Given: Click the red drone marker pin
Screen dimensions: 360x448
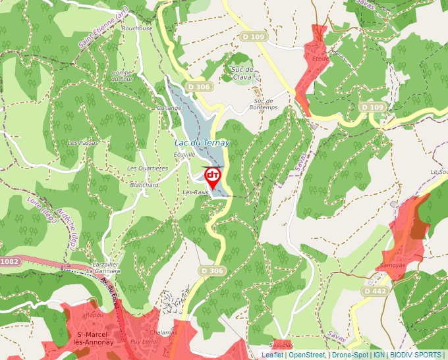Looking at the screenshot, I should [x=213, y=176].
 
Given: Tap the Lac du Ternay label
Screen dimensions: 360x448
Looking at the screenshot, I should [x=202, y=143].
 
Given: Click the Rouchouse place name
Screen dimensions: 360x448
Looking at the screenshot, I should [x=137, y=28].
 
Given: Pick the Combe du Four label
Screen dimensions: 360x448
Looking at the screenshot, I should [x=122, y=76].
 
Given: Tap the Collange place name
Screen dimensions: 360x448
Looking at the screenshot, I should [x=169, y=107].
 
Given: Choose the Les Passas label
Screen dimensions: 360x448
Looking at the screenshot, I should [x=83, y=142].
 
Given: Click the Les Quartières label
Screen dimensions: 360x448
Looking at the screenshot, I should [x=148, y=168].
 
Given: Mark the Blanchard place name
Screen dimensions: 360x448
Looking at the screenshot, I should [x=144, y=185].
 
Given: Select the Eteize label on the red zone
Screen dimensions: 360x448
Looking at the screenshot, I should [x=321, y=59].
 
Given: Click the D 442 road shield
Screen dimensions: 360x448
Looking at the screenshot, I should [x=374, y=290].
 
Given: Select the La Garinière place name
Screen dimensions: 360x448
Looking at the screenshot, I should [x=103, y=270].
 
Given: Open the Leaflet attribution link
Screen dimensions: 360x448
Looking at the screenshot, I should [x=273, y=355].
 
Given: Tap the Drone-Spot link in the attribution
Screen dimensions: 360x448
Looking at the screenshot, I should [x=350, y=355].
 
